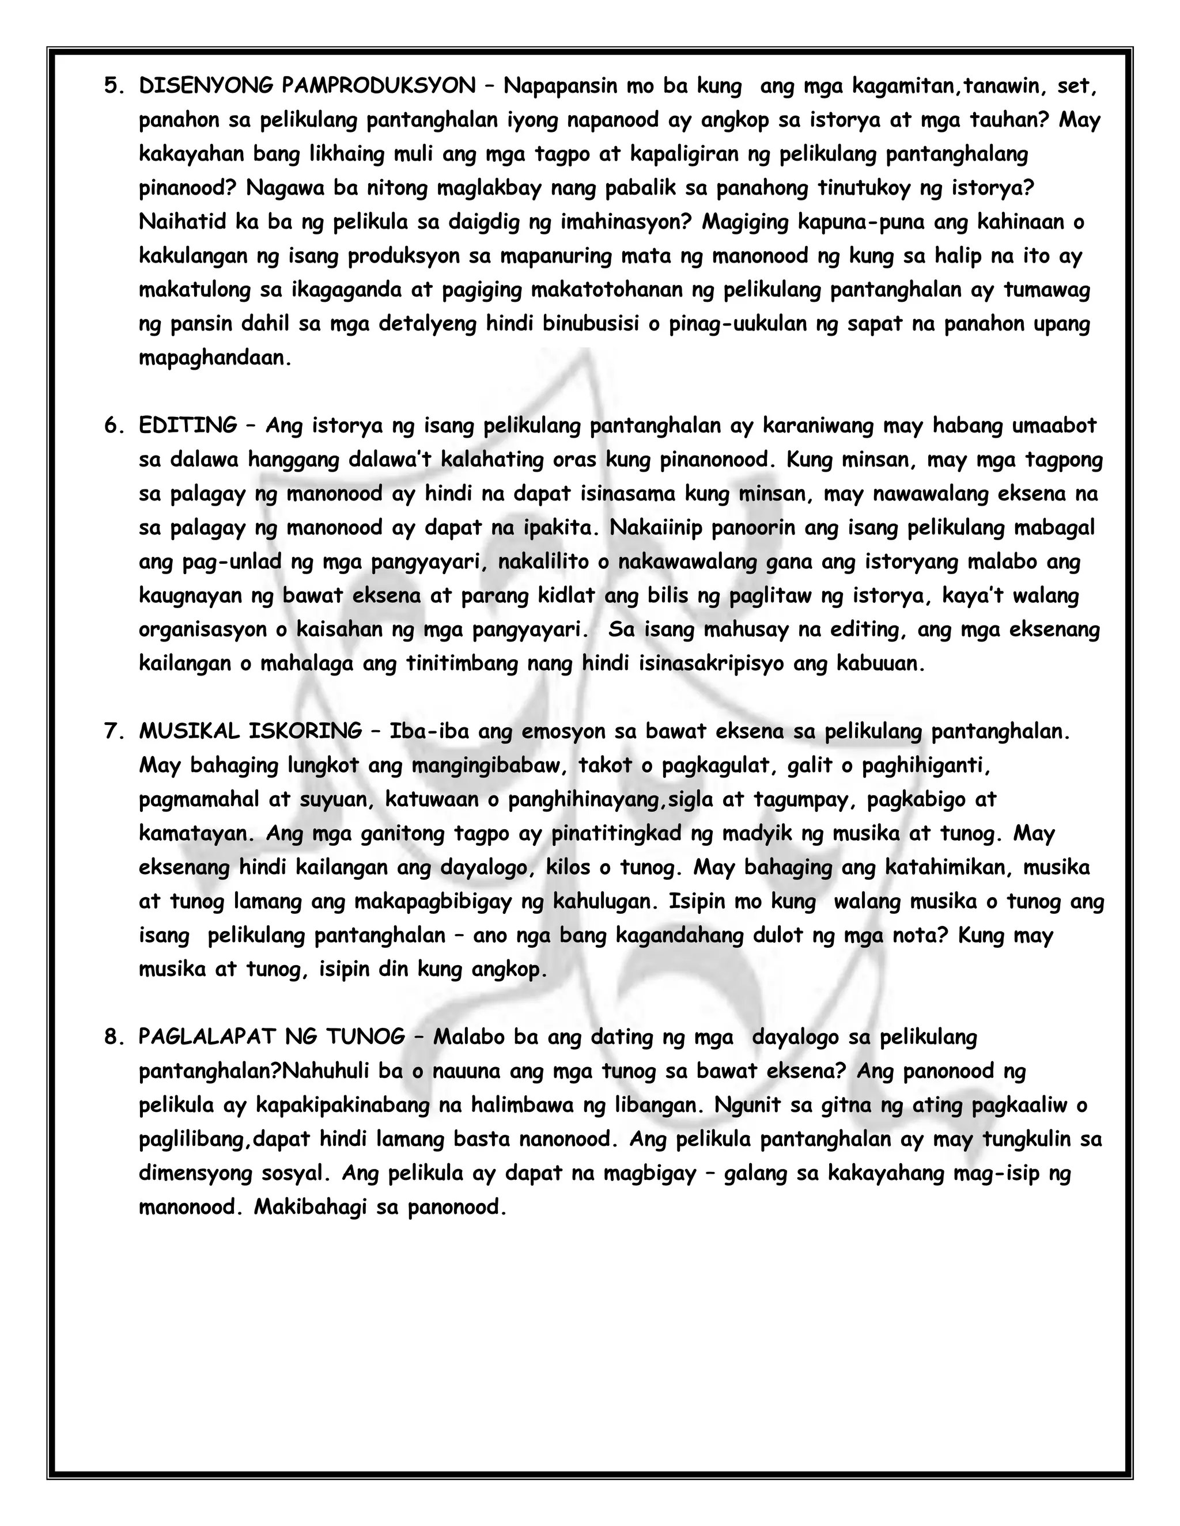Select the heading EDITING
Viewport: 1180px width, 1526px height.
pyautogui.click(x=188, y=425)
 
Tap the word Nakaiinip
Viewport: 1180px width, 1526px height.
pyautogui.click(x=655, y=527)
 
